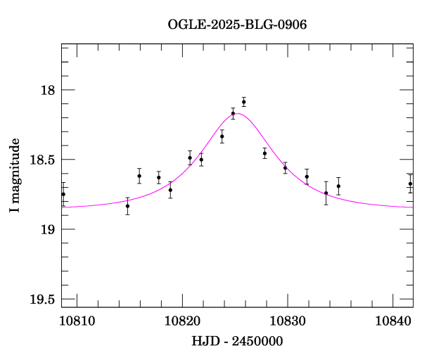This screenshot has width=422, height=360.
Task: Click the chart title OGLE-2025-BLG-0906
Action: click(237, 25)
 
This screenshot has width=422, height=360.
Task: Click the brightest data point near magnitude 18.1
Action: click(243, 102)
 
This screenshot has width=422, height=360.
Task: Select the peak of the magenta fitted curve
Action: click(236, 113)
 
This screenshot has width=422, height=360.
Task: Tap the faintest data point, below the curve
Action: click(127, 206)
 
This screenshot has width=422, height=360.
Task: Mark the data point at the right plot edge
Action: click(410, 184)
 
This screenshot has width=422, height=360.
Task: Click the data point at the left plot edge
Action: click(63, 194)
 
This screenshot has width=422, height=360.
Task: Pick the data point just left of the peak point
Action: click(233, 113)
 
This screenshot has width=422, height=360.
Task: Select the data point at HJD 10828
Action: click(264, 153)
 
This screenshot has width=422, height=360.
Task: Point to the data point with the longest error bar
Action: click(326, 193)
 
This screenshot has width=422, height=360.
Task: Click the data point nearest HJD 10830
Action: click(286, 167)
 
